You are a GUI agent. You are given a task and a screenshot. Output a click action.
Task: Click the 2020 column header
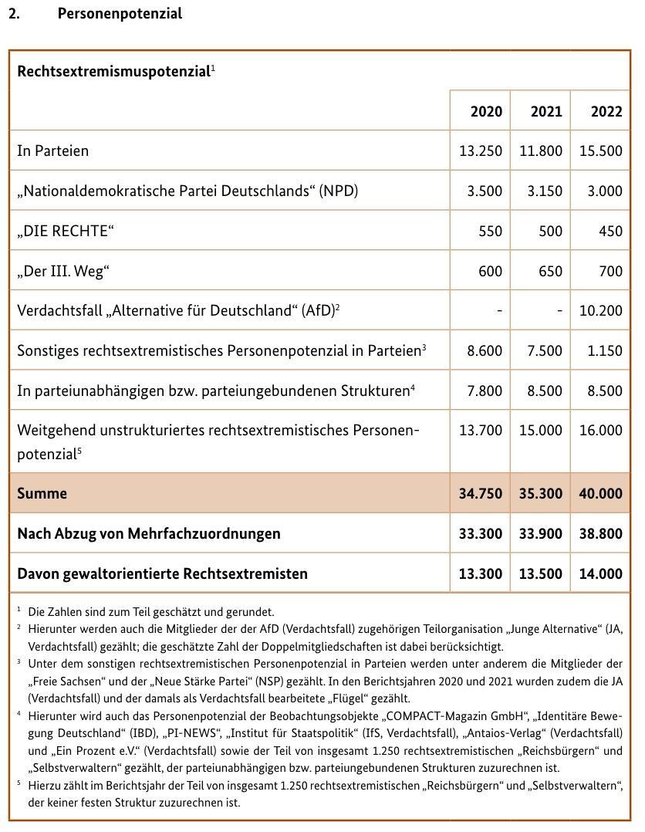pyautogui.click(x=486, y=111)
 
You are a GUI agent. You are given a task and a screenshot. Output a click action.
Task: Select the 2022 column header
pyautogui.click(x=606, y=111)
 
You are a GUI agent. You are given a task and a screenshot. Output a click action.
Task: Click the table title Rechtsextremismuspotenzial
pyautogui.click(x=113, y=72)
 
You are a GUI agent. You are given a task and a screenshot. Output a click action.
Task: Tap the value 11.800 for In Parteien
pyautogui.click(x=541, y=151)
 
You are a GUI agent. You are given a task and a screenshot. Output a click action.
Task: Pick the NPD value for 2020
pyautogui.click(x=485, y=191)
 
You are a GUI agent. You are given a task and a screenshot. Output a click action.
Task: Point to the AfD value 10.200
pyautogui.click(x=601, y=312)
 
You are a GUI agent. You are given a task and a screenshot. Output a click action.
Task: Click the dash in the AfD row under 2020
pyautogui.click(x=499, y=312)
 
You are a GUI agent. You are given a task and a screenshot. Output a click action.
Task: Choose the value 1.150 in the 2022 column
pyautogui.click(x=605, y=351)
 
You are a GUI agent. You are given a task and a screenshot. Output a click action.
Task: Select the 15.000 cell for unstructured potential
pyautogui.click(x=541, y=430)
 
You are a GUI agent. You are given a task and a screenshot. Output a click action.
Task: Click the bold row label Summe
pyautogui.click(x=42, y=494)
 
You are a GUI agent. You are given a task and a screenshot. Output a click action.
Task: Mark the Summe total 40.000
pyautogui.click(x=601, y=494)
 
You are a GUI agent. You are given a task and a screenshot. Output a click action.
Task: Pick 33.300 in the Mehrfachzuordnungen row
pyautogui.click(x=481, y=534)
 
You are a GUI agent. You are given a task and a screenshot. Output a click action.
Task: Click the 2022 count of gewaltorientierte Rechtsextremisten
pyautogui.click(x=601, y=574)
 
